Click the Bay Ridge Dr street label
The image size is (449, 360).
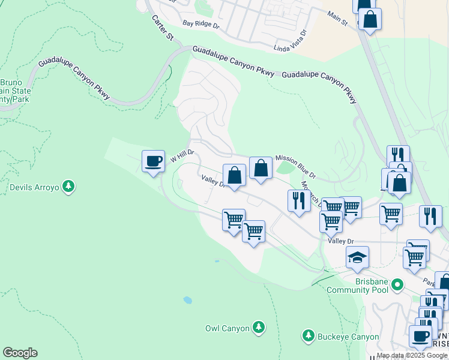tap(201, 25)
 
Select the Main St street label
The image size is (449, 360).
tap(337, 17)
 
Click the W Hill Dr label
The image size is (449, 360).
tap(183, 157)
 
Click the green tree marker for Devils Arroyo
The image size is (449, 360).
tap(69, 187)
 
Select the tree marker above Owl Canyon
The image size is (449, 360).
tap(259, 327)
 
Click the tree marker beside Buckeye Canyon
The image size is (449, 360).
tap(308, 335)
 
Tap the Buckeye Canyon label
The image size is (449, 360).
tap(349, 337)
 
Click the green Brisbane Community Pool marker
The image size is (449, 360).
tap(397, 285)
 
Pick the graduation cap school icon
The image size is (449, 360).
tap(357, 257)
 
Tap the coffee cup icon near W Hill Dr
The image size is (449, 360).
tap(153, 161)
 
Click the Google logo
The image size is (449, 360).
tap(20, 353)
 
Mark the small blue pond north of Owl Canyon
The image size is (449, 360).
tap(188, 299)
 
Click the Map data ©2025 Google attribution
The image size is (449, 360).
tap(412, 355)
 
